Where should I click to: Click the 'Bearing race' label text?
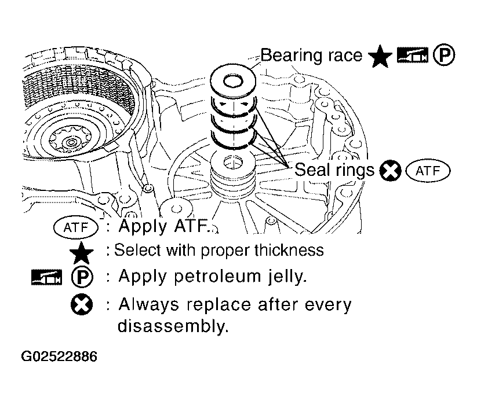click(x=311, y=56)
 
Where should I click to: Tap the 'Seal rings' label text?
click(x=334, y=170)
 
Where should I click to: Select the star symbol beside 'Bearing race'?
click(x=380, y=56)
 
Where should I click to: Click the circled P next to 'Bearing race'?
click(x=444, y=56)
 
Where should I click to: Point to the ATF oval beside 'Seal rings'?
click(x=428, y=171)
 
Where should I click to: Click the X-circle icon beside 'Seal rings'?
click(x=390, y=170)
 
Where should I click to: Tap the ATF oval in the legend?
click(x=76, y=227)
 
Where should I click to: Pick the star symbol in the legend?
click(x=82, y=253)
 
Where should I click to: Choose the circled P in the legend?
click(x=82, y=277)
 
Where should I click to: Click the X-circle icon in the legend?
click(x=82, y=304)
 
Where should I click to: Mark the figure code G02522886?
click(x=59, y=356)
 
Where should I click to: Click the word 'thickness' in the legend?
click(x=289, y=250)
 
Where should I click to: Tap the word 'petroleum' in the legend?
click(x=217, y=277)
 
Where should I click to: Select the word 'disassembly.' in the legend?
click(x=173, y=326)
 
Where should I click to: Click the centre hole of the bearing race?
click(x=233, y=82)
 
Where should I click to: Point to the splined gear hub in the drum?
click(x=71, y=142)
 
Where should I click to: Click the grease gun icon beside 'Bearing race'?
click(x=413, y=56)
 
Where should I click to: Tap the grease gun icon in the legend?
click(x=46, y=277)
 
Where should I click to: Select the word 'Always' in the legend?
click(x=149, y=304)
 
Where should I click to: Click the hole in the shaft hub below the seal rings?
click(x=233, y=162)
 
